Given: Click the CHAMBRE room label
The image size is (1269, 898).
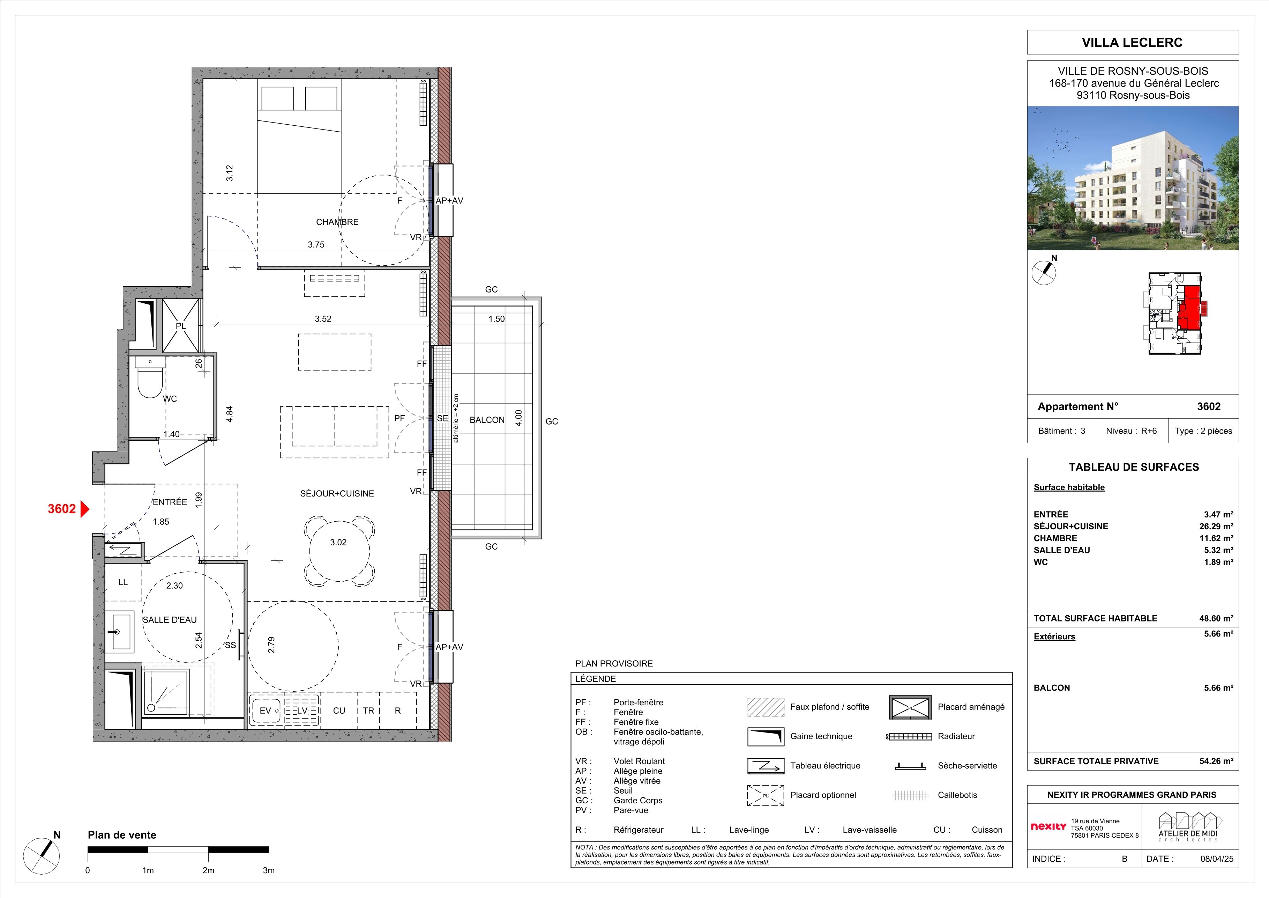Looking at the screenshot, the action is pos(337,222).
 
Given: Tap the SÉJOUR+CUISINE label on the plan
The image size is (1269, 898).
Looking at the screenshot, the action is pos(337,493).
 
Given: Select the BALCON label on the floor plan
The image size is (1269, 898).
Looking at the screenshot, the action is pos(487,420).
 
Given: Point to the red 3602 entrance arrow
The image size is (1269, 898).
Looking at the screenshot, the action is pos(84,509).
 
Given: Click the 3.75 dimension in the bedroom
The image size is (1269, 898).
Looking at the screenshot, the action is pos(316,244).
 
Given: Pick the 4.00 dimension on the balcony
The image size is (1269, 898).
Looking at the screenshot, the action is pos(518,418).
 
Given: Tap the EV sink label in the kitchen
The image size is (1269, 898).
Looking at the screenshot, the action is pos(265,711).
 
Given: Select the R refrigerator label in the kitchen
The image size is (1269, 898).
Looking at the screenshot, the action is pos(397,711).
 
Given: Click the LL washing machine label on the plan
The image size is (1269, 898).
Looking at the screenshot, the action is pos(123,582).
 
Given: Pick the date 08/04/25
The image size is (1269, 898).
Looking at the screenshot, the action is pos(1217,859).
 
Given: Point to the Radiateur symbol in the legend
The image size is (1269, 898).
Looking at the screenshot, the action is pos(909,737).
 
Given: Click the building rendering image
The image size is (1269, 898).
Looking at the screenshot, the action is pos(1133,178).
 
